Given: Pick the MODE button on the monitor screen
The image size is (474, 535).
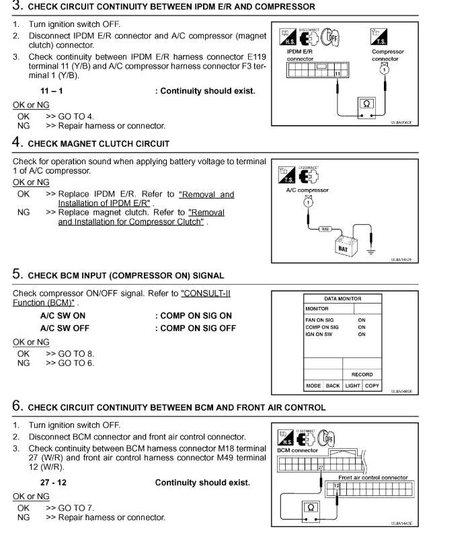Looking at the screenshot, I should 314,386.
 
